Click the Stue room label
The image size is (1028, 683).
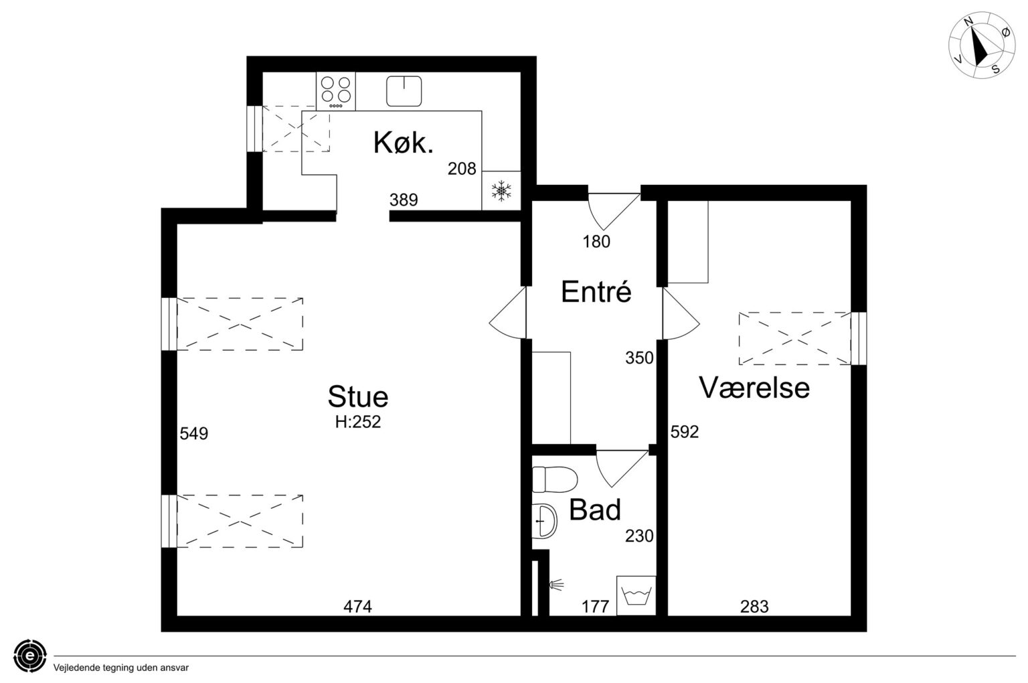click(358, 396)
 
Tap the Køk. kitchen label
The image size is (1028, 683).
click(404, 142)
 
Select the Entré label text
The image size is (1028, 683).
click(596, 291)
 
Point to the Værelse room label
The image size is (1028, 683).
click(754, 388)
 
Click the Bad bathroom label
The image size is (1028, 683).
click(595, 510)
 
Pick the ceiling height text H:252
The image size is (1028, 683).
click(358, 422)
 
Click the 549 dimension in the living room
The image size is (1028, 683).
click(193, 433)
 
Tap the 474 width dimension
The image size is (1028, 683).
click(357, 607)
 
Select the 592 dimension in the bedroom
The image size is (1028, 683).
click(684, 431)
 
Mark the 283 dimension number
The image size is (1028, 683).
click(754, 607)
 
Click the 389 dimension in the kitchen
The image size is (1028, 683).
click(404, 200)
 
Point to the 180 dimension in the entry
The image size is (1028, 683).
click(596, 242)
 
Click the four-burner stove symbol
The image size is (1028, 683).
click(336, 91)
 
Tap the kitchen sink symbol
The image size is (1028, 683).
click(404, 91)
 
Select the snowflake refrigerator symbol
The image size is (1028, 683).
click(501, 190)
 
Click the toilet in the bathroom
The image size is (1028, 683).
click(554, 479)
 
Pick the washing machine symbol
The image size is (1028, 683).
click(636, 595)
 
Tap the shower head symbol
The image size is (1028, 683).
click(555, 585)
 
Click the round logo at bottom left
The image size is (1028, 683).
click(30, 656)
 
